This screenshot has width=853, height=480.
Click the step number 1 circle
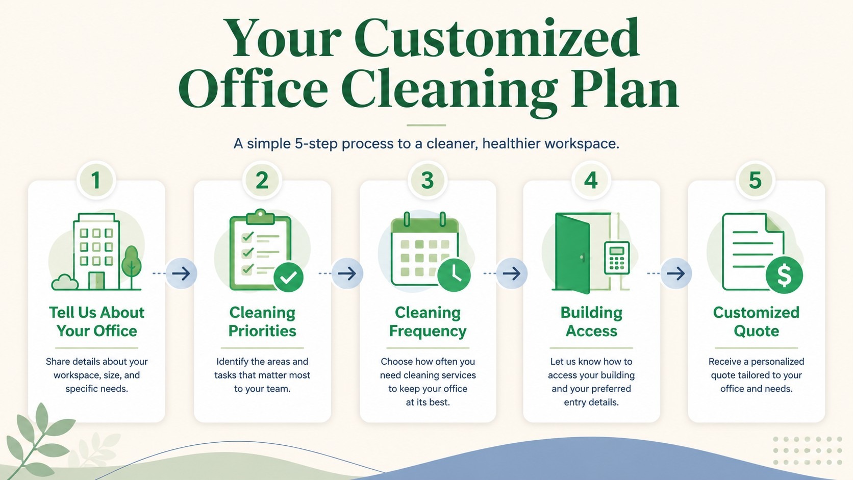[96, 180]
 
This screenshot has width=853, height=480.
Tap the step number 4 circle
[591, 180]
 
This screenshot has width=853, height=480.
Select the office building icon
[96, 251]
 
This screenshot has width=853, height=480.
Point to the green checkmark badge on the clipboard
[288, 277]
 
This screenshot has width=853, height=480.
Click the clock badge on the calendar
[454, 275]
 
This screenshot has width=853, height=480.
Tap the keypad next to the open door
[617, 258]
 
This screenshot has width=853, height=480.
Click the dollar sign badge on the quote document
[784, 275]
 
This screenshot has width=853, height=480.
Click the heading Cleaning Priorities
[262, 322]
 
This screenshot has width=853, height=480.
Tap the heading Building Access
[591, 322]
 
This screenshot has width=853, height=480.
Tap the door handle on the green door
[582, 258]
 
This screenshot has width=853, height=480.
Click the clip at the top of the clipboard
[260, 217]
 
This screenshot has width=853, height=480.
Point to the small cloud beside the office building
[65, 283]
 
